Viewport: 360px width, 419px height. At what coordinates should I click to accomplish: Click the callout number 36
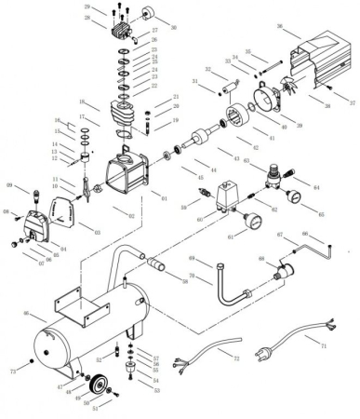[x=279, y=27]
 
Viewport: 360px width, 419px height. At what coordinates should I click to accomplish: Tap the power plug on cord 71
[x=272, y=355]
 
